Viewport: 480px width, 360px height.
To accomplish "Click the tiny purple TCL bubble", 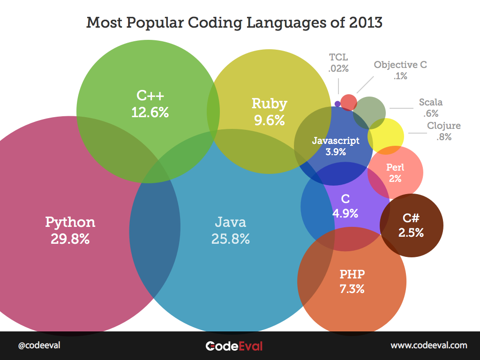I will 337,103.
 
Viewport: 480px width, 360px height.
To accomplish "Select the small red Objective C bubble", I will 348,102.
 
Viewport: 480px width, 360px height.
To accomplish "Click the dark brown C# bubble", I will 412,225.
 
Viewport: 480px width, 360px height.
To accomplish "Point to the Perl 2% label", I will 395,172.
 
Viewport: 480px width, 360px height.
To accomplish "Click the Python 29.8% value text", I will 70,239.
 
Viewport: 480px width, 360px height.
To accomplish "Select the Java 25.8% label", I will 230,230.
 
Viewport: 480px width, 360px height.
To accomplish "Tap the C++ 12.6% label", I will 150,104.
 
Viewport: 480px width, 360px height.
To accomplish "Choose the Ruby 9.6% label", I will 269,112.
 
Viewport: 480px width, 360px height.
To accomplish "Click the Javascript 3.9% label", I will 336,146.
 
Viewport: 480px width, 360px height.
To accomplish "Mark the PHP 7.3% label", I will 352,281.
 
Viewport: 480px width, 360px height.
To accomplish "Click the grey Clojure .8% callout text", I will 443,131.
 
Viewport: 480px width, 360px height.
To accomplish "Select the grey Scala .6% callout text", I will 430,108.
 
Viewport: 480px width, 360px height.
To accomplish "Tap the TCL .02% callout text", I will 338,63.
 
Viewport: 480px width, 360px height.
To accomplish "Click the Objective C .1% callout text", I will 400,70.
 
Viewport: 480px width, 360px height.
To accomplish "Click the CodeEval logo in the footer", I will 234,346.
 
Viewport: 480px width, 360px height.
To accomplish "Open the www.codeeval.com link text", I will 429,345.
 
